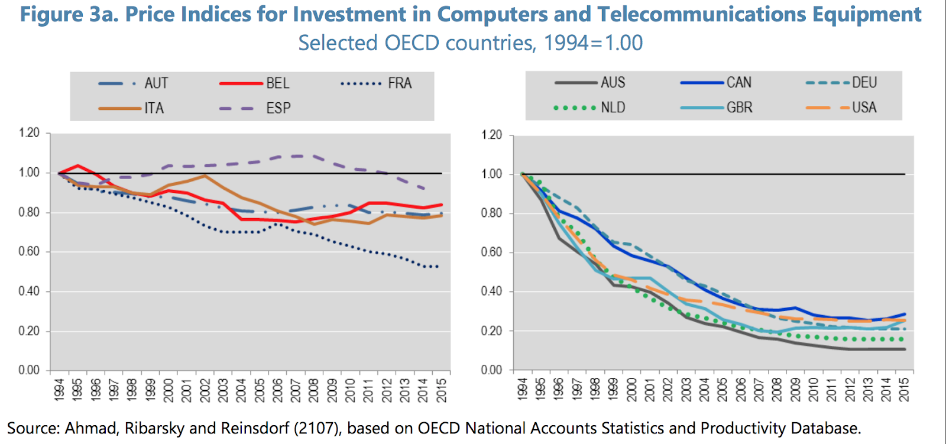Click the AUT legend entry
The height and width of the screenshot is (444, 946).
156,83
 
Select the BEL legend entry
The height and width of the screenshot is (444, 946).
277,83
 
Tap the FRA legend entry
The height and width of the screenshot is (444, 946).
400,83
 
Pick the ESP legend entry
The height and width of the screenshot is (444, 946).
278,108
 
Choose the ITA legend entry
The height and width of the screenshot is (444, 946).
154,108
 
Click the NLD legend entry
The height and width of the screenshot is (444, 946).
613,108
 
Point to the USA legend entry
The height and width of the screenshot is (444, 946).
864,108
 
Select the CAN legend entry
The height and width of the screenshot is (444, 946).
738,83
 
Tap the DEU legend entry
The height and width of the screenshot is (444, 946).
864,83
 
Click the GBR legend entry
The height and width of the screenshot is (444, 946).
739,108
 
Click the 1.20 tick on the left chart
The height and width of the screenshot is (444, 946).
29,133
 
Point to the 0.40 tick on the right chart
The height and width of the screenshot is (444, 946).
491,291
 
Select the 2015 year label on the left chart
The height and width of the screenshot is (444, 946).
441,390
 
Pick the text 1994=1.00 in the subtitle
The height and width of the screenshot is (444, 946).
593,43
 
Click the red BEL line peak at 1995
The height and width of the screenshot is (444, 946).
77,166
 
